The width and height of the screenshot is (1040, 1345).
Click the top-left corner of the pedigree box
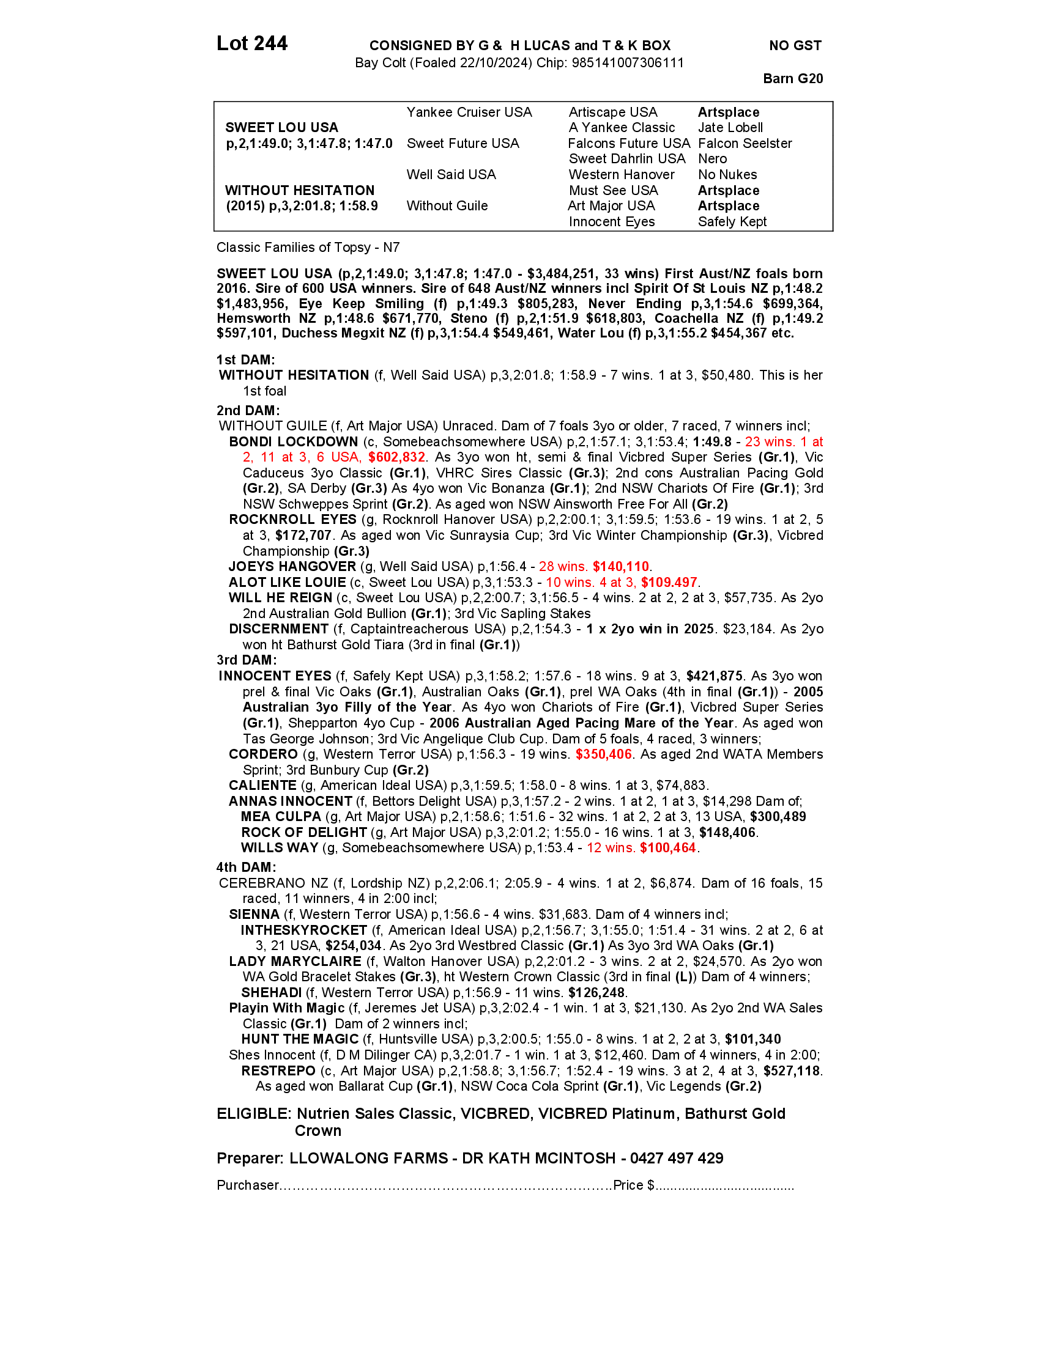pyautogui.click(x=214, y=102)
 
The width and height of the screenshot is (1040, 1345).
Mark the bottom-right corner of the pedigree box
pyautogui.click(x=833, y=231)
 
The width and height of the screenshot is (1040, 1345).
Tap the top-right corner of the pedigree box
pyautogui.click(x=833, y=102)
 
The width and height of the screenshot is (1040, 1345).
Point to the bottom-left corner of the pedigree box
pyautogui.click(x=214, y=231)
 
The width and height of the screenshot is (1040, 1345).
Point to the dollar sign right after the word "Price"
pyautogui.click(x=651, y=1185)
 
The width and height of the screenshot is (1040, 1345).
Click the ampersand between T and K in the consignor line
pyautogui.click(x=618, y=46)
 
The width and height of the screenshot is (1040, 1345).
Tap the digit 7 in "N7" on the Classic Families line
pyautogui.click(x=396, y=248)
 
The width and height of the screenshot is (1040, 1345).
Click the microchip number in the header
pyautogui.click(x=628, y=63)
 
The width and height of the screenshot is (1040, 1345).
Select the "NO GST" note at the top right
pyautogui.click(x=795, y=46)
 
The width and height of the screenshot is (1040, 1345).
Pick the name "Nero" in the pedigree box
pyautogui.click(x=712, y=159)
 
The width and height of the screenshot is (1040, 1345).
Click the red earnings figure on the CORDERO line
pyautogui.click(x=604, y=754)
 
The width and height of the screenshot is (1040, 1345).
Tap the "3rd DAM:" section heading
pyautogui.click(x=247, y=660)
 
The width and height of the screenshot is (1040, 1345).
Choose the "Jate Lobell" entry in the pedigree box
pyautogui.click(x=730, y=128)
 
